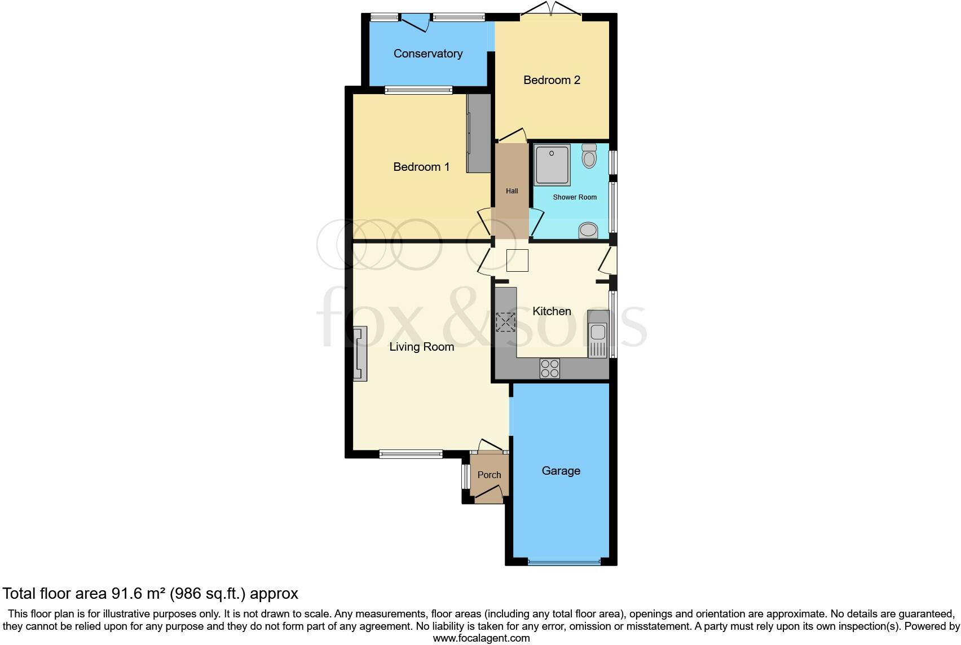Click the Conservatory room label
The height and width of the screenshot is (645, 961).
coord(428,54)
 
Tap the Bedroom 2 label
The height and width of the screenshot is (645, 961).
coord(552,80)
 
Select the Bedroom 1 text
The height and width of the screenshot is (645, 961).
coord(421,167)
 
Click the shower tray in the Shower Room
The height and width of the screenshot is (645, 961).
coord(552,165)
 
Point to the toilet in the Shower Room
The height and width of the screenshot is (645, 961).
coord(589,156)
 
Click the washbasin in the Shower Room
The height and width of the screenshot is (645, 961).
coord(588,230)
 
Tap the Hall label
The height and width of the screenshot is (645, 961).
coord(512,191)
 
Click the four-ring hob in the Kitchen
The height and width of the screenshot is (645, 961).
coord(550,368)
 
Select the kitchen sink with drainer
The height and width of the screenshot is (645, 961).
coord(597,334)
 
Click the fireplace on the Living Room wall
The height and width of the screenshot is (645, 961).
coord(359,354)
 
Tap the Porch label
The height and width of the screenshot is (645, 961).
coord(489,475)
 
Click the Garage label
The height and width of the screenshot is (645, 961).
coord(561,471)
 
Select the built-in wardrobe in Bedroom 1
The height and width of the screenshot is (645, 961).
coord(479,133)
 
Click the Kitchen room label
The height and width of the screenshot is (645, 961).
coord(552,311)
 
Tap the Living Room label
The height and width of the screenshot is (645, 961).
coord(421,347)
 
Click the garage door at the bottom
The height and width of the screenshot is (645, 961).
coord(565,562)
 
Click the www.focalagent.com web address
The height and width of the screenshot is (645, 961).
coord(481,638)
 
